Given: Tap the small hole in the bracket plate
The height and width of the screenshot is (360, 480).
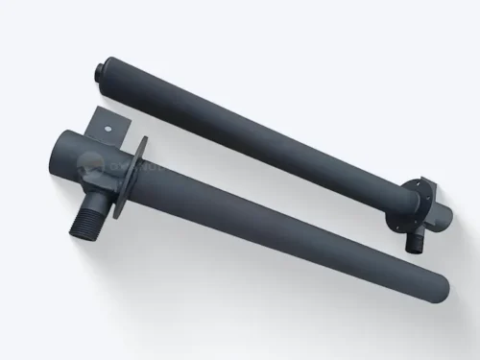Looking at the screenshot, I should tap(111, 125).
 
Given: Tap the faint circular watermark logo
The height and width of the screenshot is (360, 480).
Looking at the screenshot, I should tap(94, 168).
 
